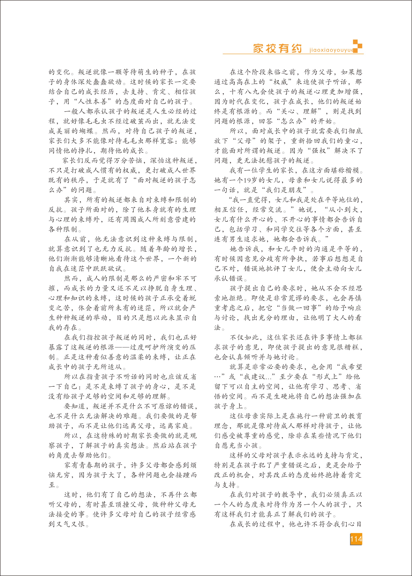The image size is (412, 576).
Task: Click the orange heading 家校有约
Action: click(x=277, y=48)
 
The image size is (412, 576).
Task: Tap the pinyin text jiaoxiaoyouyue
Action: click(x=331, y=50)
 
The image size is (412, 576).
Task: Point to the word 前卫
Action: click(x=333, y=416)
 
